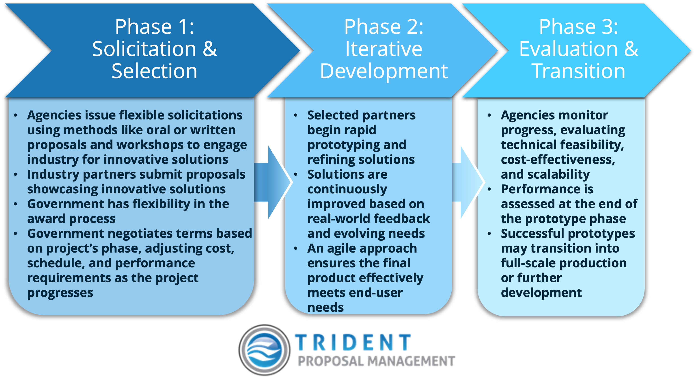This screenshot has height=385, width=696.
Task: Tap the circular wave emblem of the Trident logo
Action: [265, 350]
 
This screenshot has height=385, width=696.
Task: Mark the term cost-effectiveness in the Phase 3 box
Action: [558, 160]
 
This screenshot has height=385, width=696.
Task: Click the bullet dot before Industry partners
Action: [16, 174]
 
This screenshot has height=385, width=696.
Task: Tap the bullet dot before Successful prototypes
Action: [489, 234]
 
